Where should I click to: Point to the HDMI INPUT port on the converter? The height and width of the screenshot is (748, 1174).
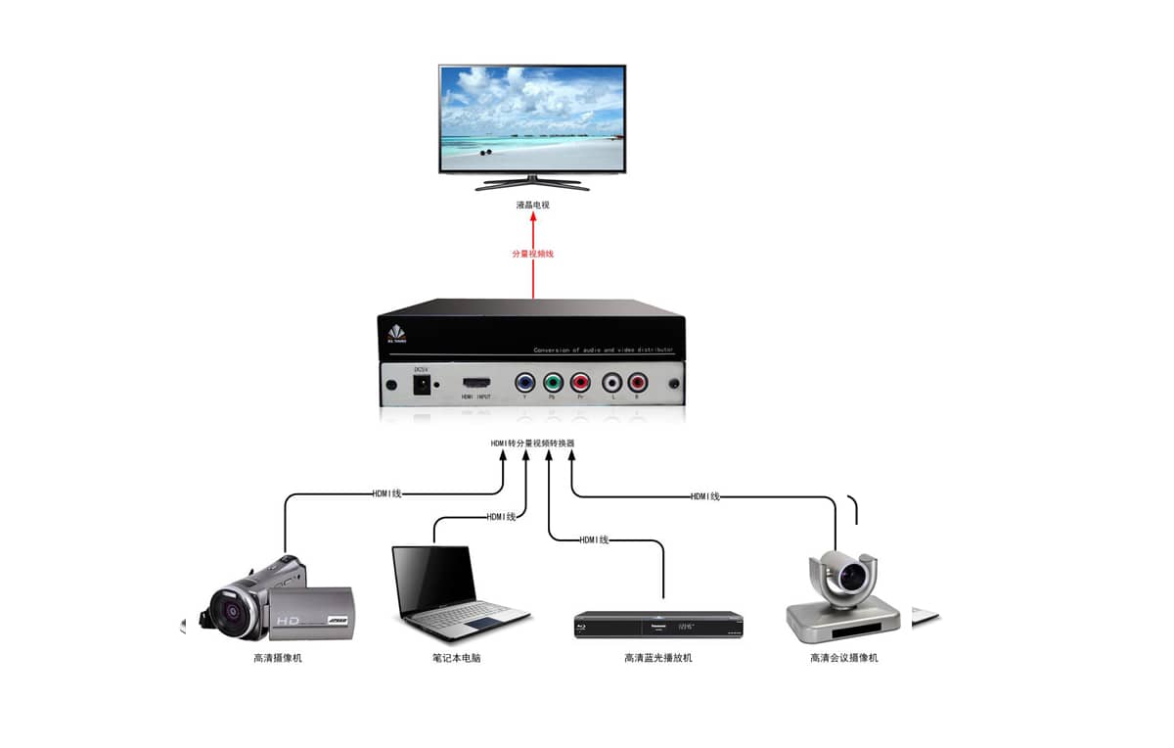tap(476, 382)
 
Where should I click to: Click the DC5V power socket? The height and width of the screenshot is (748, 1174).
tap(423, 384)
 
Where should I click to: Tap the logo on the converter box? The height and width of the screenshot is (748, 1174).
tap(396, 334)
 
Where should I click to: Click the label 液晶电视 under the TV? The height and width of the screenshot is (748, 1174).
tap(533, 205)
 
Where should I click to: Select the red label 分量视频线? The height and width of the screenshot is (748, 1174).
tap(533, 254)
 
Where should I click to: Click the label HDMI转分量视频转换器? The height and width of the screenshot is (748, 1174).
tap(532, 444)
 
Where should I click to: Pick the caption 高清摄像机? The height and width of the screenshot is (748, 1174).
tap(278, 658)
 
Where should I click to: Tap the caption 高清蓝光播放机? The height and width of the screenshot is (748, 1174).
tap(657, 658)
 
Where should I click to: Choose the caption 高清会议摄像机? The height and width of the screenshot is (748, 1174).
tap(843, 658)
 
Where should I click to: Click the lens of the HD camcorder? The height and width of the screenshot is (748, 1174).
tap(234, 612)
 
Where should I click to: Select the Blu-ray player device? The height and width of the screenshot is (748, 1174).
tap(657, 624)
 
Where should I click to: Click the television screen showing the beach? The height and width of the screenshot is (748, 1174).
tap(532, 118)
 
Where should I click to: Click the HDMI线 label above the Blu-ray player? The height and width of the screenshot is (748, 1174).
tap(594, 539)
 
